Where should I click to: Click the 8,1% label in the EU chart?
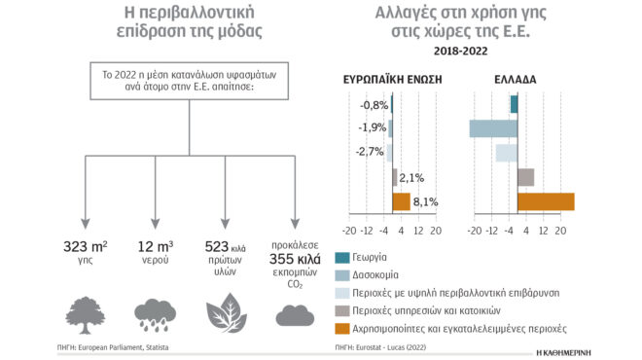click(425, 202)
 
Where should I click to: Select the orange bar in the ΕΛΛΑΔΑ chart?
click(546, 201)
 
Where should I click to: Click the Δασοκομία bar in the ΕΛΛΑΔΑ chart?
click(493, 128)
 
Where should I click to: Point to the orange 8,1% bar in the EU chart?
click(401, 201)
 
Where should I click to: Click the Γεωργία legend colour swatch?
click(342, 257)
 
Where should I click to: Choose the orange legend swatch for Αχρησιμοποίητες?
click(342, 329)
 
